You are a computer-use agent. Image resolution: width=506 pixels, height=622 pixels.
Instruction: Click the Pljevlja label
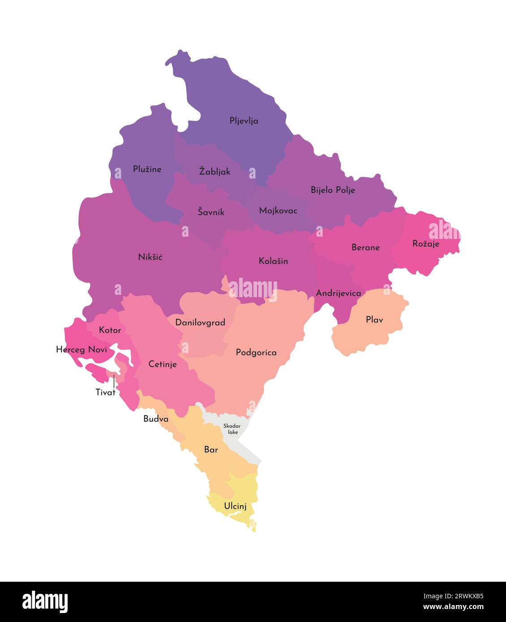(244, 121)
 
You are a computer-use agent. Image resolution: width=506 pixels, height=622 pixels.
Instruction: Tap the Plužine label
(147, 169)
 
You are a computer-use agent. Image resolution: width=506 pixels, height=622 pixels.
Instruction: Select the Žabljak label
(214, 171)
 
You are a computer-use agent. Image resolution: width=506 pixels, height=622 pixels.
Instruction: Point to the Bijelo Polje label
(333, 190)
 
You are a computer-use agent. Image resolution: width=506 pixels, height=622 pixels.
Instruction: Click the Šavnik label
(211, 212)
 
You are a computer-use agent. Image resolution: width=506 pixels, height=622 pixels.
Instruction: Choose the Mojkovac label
(278, 211)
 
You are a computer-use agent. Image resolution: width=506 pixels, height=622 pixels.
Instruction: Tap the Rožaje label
(425, 244)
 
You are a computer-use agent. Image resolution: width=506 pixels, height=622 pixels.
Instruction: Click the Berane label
(365, 247)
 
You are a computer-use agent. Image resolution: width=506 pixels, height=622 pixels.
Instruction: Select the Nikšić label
(150, 257)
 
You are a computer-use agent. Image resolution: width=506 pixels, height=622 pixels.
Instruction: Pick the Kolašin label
(273, 261)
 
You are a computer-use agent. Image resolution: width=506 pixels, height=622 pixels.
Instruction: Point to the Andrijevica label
(338, 294)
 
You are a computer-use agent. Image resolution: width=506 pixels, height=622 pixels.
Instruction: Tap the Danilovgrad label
(200, 323)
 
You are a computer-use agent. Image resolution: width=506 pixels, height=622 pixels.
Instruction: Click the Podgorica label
(256, 353)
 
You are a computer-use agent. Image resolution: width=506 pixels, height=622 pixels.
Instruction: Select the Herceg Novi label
(81, 349)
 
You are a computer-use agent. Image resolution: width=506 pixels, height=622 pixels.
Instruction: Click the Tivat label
(106, 392)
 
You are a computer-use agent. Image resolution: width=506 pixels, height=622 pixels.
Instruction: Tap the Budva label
(156, 419)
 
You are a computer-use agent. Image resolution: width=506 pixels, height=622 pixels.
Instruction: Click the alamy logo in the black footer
(45, 602)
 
